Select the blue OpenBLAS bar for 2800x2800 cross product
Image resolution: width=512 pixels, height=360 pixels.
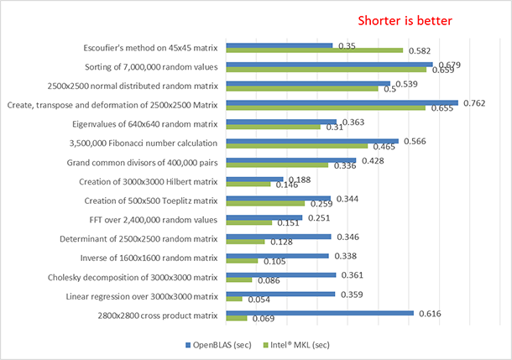click(320, 312)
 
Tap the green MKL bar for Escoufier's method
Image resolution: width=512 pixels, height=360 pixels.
click(315, 50)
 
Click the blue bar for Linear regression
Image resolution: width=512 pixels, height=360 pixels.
click(281, 294)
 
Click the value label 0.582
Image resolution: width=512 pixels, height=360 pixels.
click(420, 51)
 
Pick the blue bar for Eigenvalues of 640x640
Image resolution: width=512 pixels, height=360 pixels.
click(282, 123)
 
